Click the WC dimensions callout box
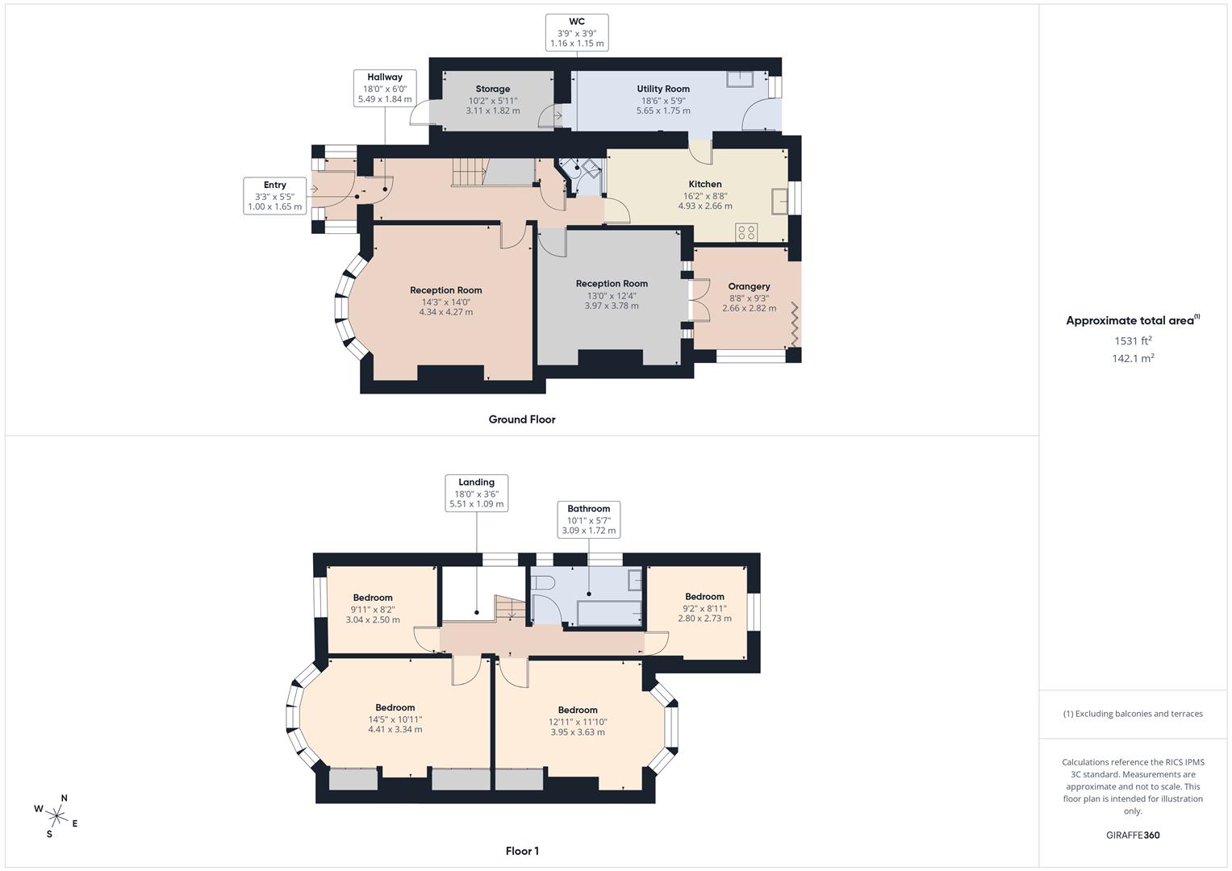point(577,32)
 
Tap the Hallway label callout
point(385,88)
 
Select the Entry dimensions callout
point(275,196)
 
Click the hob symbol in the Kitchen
point(746,232)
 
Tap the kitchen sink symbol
point(779,201)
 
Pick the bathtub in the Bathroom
point(608,612)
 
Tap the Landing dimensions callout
point(476,493)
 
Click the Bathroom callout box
point(588,519)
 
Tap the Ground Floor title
point(522,419)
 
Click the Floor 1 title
point(522,851)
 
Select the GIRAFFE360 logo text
point(1133,836)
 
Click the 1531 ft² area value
point(1133,341)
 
